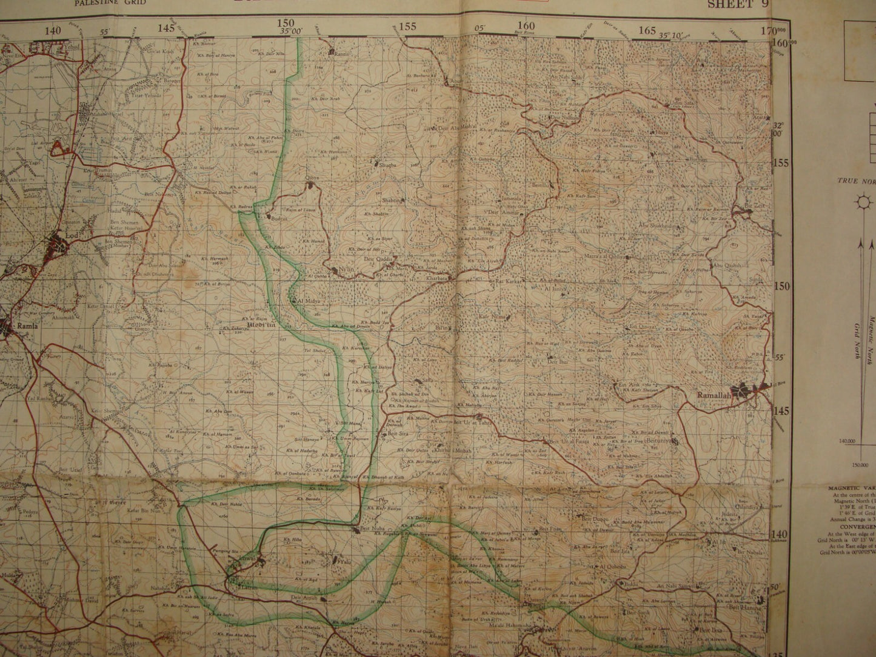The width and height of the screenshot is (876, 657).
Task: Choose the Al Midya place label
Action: [x=307, y=301]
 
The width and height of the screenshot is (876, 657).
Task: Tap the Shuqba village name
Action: [x=387, y=165]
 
